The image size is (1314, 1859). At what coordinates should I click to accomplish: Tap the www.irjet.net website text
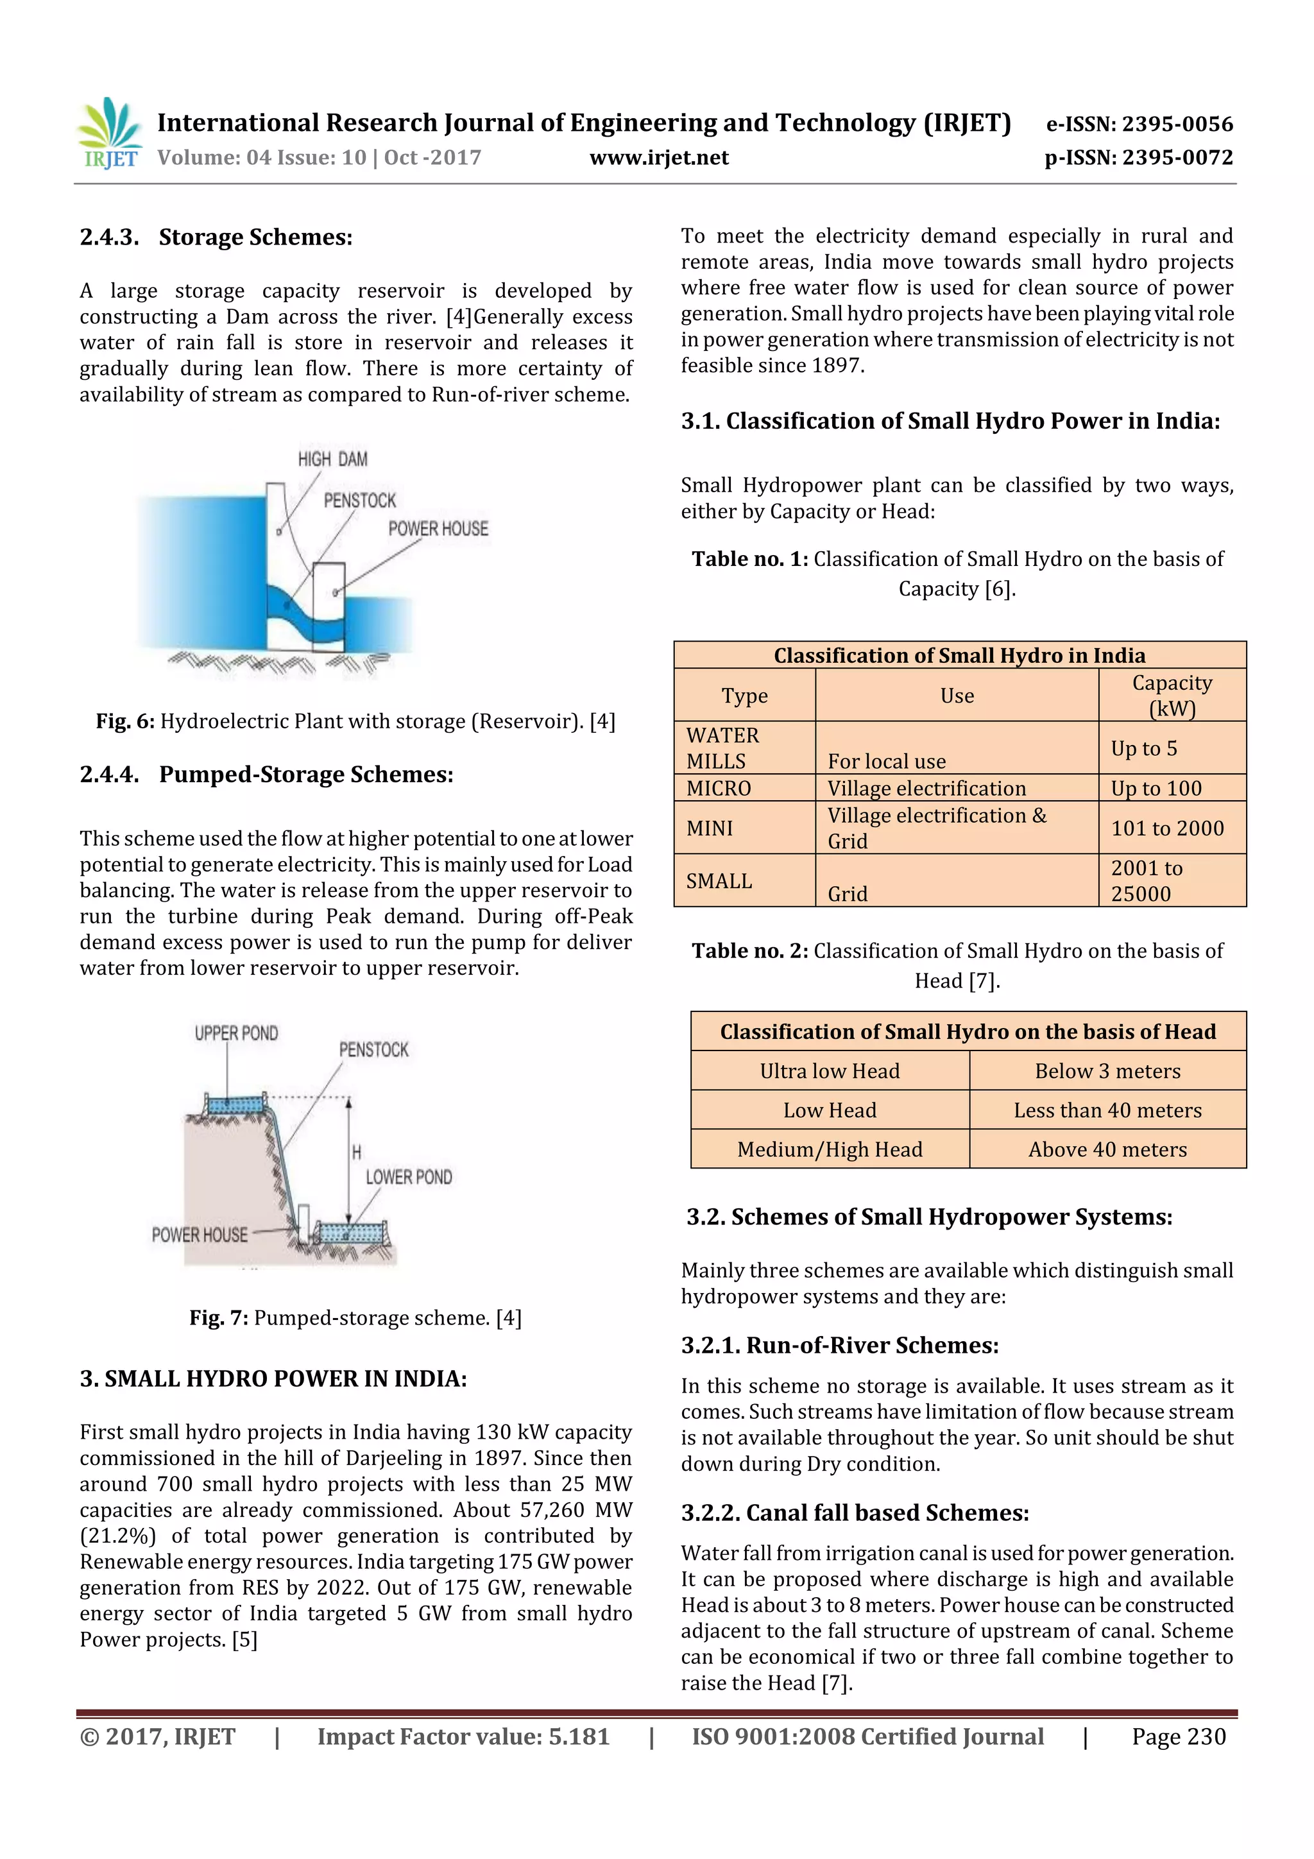point(658,158)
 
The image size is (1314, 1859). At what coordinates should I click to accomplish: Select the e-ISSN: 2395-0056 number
point(1139,124)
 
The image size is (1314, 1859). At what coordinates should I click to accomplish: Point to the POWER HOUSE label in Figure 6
point(438,529)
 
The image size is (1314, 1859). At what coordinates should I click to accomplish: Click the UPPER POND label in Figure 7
point(235,1033)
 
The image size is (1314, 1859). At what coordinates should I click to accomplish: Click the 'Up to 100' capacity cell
point(1156,788)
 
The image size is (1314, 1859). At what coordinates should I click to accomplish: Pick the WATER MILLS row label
point(722,748)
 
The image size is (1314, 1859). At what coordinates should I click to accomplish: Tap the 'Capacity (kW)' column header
point(1172,696)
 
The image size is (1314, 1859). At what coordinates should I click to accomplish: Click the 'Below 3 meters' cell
point(1107,1070)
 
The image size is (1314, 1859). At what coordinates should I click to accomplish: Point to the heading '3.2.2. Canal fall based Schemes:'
point(854,1512)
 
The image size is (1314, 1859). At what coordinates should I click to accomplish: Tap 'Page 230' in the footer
point(1178,1736)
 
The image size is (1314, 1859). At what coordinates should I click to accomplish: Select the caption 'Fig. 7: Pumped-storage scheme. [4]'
point(355,1317)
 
